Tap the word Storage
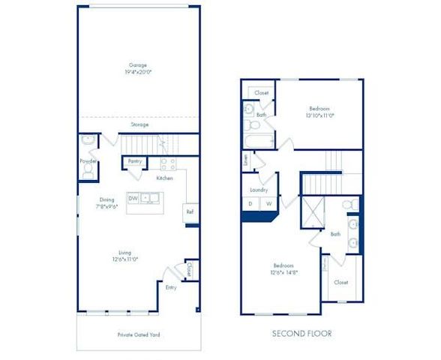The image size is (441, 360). click(x=140, y=125)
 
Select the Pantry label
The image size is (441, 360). click(x=135, y=161)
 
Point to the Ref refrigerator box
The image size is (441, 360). click(x=190, y=212)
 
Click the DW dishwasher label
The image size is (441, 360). click(x=132, y=198)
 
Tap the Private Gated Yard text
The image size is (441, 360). click(x=139, y=334)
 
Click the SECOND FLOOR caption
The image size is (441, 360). click(x=302, y=333)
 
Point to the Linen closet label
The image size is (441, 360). click(x=245, y=160)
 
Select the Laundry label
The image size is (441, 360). click(x=259, y=190)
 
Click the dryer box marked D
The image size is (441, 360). click(x=250, y=203)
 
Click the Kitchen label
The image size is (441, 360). click(x=165, y=178)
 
